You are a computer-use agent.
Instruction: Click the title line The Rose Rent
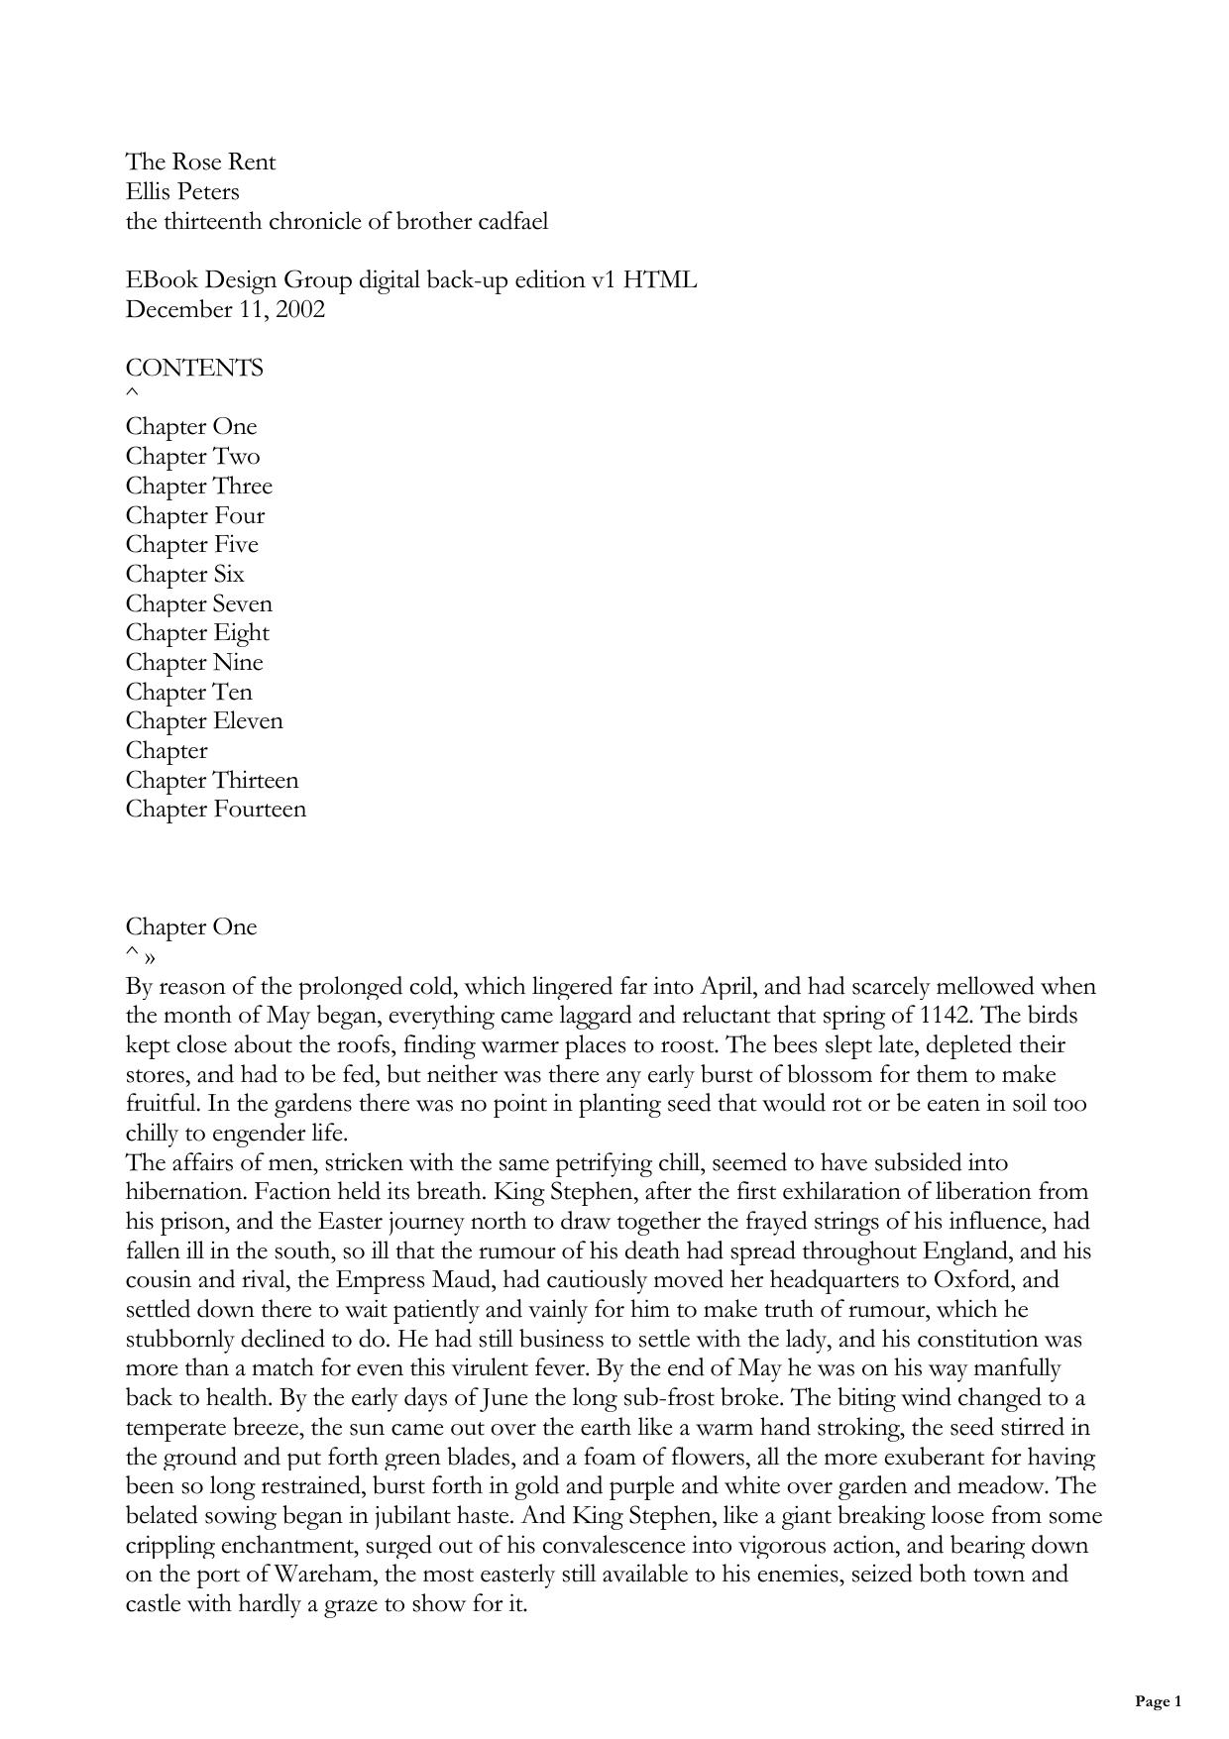200,163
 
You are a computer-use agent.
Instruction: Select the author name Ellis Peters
182,191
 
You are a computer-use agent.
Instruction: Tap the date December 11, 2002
225,309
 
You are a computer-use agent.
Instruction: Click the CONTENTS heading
194,369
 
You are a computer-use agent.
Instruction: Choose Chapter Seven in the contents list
198,603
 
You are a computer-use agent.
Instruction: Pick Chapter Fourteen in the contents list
215,810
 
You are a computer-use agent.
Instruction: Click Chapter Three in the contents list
198,486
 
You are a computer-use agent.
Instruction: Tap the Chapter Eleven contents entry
203,721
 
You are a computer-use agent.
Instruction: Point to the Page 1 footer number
1158,1702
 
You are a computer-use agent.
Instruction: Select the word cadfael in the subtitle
511,221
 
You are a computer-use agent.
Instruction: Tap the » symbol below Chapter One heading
149,958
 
